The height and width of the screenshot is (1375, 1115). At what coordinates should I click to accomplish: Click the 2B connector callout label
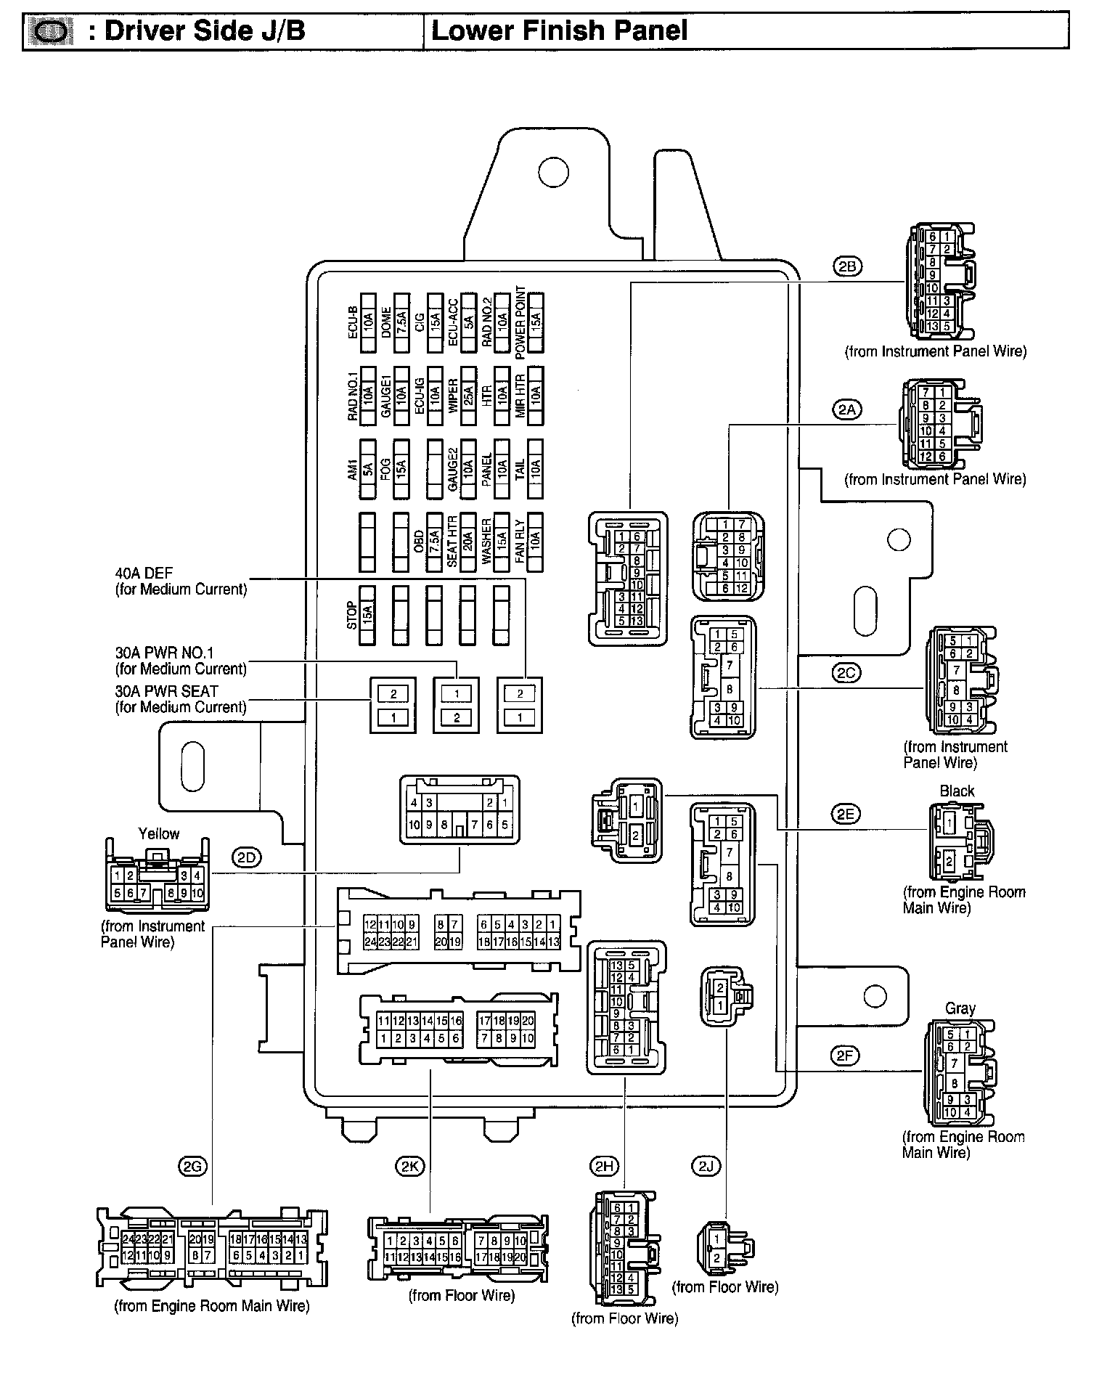point(846,266)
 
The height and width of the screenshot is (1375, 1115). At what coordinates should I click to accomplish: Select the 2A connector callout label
point(846,409)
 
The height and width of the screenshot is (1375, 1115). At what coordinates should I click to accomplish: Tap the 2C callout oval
point(846,673)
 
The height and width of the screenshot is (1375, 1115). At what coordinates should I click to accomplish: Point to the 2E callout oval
point(846,814)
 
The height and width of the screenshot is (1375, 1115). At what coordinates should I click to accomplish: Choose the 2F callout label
point(846,1056)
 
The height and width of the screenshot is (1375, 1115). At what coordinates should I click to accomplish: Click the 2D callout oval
point(247,857)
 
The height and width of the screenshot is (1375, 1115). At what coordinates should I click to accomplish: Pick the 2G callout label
point(192,1167)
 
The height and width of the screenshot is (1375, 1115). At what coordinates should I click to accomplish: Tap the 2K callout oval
point(409,1167)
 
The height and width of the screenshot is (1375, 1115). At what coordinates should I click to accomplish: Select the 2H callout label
point(604,1167)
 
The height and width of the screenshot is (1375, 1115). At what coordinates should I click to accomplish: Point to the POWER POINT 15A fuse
point(536,322)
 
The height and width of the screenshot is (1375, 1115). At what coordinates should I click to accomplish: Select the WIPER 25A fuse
point(468,396)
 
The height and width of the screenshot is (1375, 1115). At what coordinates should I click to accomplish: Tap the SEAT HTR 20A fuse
point(468,542)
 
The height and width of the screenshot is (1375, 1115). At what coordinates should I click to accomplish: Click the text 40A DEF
point(144,574)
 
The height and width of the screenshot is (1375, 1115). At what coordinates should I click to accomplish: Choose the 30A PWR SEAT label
point(166,691)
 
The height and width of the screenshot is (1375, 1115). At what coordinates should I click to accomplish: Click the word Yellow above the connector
point(158,833)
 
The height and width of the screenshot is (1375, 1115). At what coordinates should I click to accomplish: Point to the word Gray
point(960,1008)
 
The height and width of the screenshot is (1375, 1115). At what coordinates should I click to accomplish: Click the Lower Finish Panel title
point(559,31)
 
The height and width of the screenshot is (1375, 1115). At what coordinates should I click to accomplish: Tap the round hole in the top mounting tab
point(552,171)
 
